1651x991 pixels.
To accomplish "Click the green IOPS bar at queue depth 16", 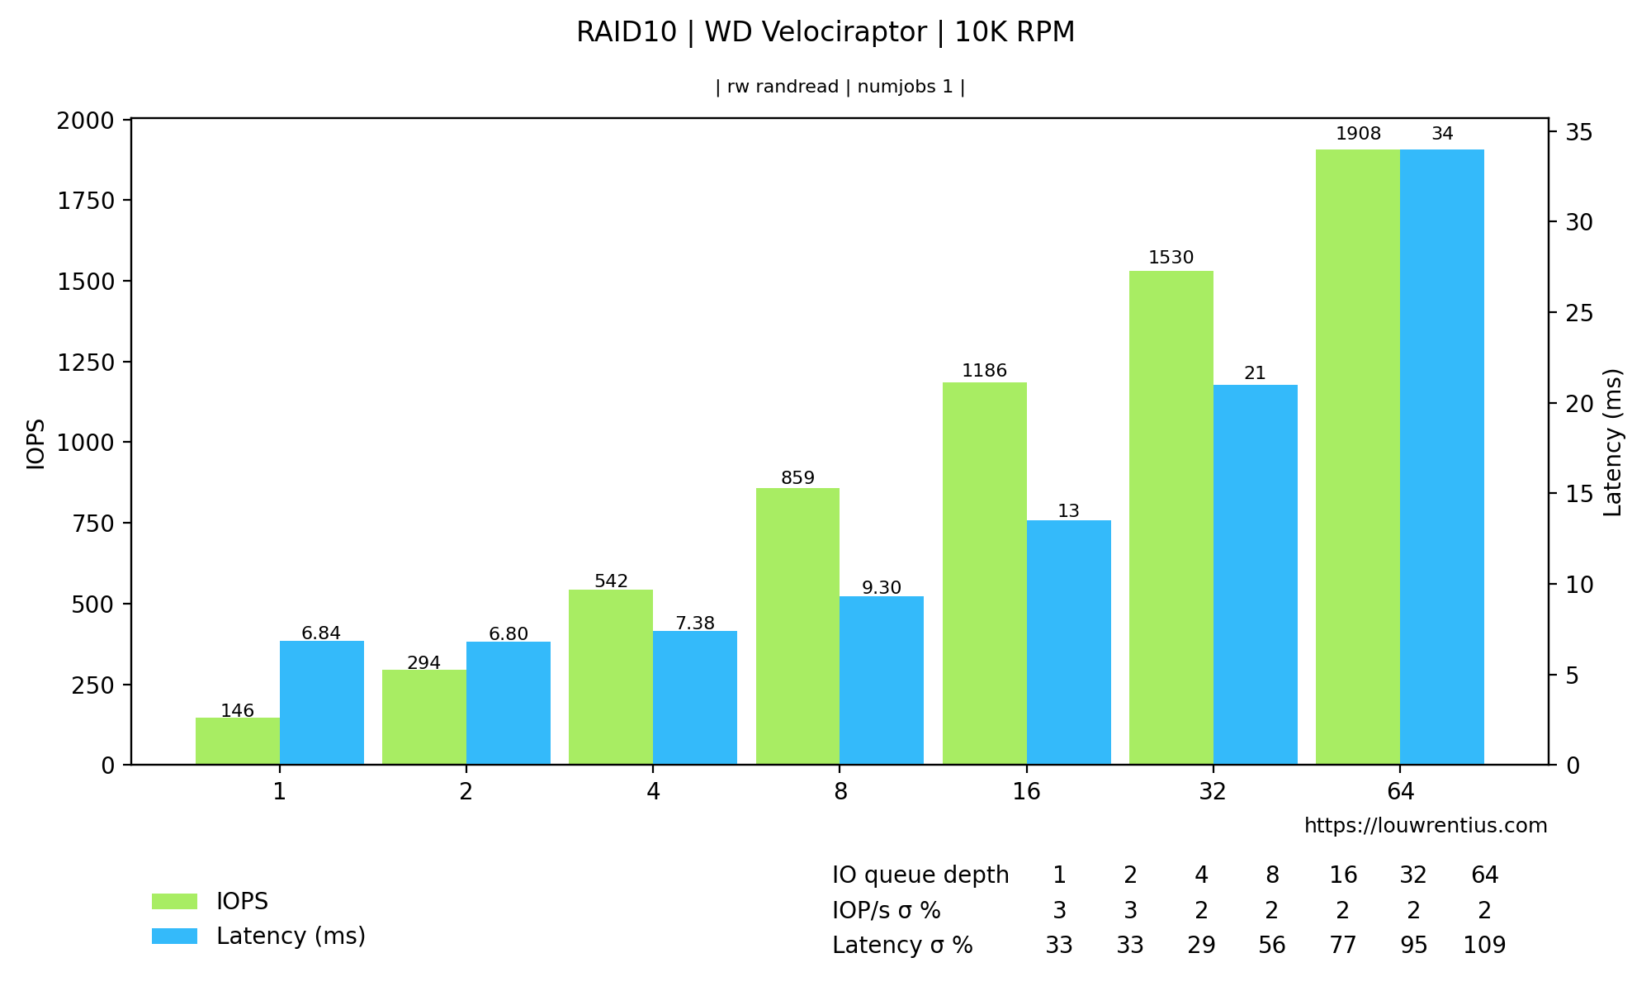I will click(x=984, y=573).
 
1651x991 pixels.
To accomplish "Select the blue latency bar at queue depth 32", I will click(x=1255, y=574).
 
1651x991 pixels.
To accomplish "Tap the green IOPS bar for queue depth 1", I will click(x=238, y=741).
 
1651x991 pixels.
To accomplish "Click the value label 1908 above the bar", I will click(x=1358, y=134).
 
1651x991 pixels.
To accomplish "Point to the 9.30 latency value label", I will click(x=882, y=588).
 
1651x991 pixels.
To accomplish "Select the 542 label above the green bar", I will click(x=611, y=581).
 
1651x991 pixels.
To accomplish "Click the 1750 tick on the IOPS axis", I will click(x=88, y=201).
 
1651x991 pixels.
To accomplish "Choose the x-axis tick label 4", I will click(x=653, y=792).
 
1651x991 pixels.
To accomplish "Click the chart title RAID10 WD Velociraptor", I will click(x=825, y=33).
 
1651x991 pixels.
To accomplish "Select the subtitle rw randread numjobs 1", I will click(x=840, y=88).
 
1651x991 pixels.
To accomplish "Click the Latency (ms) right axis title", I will click(x=1612, y=443).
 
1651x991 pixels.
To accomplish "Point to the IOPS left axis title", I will click(x=35, y=444).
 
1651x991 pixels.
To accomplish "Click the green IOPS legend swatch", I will click(x=174, y=901).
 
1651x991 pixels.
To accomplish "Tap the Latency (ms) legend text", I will click(x=291, y=936).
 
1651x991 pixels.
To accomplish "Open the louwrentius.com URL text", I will click(x=1425, y=826).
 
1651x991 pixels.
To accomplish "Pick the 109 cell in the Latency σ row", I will click(x=1484, y=946).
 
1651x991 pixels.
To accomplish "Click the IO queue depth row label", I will click(x=920, y=875).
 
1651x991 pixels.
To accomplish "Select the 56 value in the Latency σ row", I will click(x=1272, y=946).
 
